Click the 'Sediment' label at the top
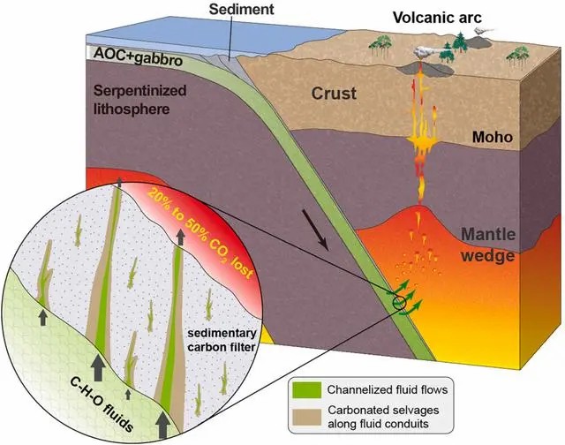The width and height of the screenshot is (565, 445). point(241,9)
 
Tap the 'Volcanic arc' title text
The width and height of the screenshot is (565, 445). point(437,18)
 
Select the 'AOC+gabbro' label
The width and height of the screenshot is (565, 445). point(138,57)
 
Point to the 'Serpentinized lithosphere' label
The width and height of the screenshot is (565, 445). point(139,100)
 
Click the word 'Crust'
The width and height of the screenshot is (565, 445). point(334,94)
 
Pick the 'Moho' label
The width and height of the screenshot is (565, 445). point(493,137)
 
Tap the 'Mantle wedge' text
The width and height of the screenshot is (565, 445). point(488,245)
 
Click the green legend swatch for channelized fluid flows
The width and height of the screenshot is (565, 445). point(306,390)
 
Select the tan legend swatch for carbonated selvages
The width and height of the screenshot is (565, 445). point(306,418)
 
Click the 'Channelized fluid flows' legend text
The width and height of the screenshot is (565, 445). point(388,389)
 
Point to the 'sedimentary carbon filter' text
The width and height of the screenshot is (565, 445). point(222,340)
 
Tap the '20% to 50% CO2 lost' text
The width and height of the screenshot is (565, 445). point(200,233)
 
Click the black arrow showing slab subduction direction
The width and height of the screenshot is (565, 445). point(315,230)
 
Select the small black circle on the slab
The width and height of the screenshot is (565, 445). point(400,303)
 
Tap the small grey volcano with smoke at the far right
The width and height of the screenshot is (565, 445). point(480,41)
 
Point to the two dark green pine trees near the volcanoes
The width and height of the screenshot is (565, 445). point(456,46)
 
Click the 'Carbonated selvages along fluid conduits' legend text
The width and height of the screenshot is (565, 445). point(383,417)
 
